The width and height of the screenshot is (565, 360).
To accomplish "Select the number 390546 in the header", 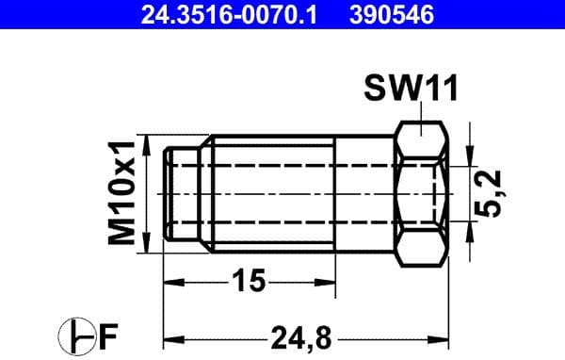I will pos(402,14).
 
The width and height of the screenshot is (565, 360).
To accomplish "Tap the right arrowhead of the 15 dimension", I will pos(330,280).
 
